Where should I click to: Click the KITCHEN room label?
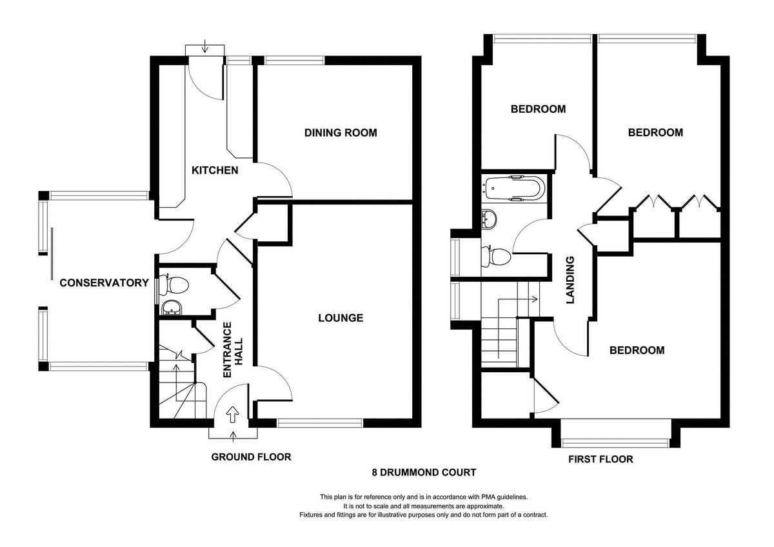tap(215, 170)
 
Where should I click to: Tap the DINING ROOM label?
tap(341, 133)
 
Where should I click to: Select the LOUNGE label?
tap(341, 318)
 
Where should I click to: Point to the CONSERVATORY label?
tap(104, 283)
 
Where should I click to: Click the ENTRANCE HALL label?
tap(233, 350)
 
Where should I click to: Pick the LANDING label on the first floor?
tap(570, 280)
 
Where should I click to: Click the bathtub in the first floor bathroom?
tap(515, 188)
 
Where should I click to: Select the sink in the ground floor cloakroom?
tap(171, 308)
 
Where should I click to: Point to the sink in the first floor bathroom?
tap(489, 219)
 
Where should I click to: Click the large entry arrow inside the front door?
tap(233, 414)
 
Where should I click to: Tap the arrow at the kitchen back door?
tap(205, 46)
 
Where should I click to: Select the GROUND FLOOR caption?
tap(251, 457)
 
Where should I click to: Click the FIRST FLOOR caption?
tap(601, 459)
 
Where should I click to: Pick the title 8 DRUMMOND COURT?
tap(424, 472)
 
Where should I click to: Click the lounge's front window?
tap(320, 423)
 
